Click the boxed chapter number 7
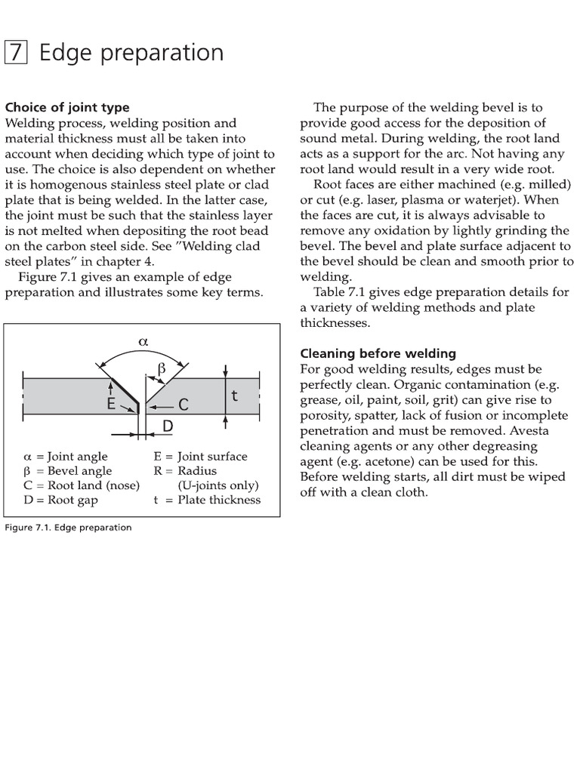click(x=17, y=53)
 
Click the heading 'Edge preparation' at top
click(x=131, y=53)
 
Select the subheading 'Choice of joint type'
click(x=67, y=107)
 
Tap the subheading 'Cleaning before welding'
click(x=378, y=353)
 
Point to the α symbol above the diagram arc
click(x=143, y=341)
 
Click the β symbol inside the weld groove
click(x=159, y=368)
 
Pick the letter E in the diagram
click(x=111, y=404)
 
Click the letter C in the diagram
click(x=183, y=406)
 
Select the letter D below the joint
click(x=168, y=427)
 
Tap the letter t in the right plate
click(x=235, y=395)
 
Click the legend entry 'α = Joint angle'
click(x=66, y=456)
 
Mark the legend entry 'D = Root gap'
click(x=60, y=499)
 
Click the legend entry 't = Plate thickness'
click(x=207, y=499)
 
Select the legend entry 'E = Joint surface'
click(x=200, y=456)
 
